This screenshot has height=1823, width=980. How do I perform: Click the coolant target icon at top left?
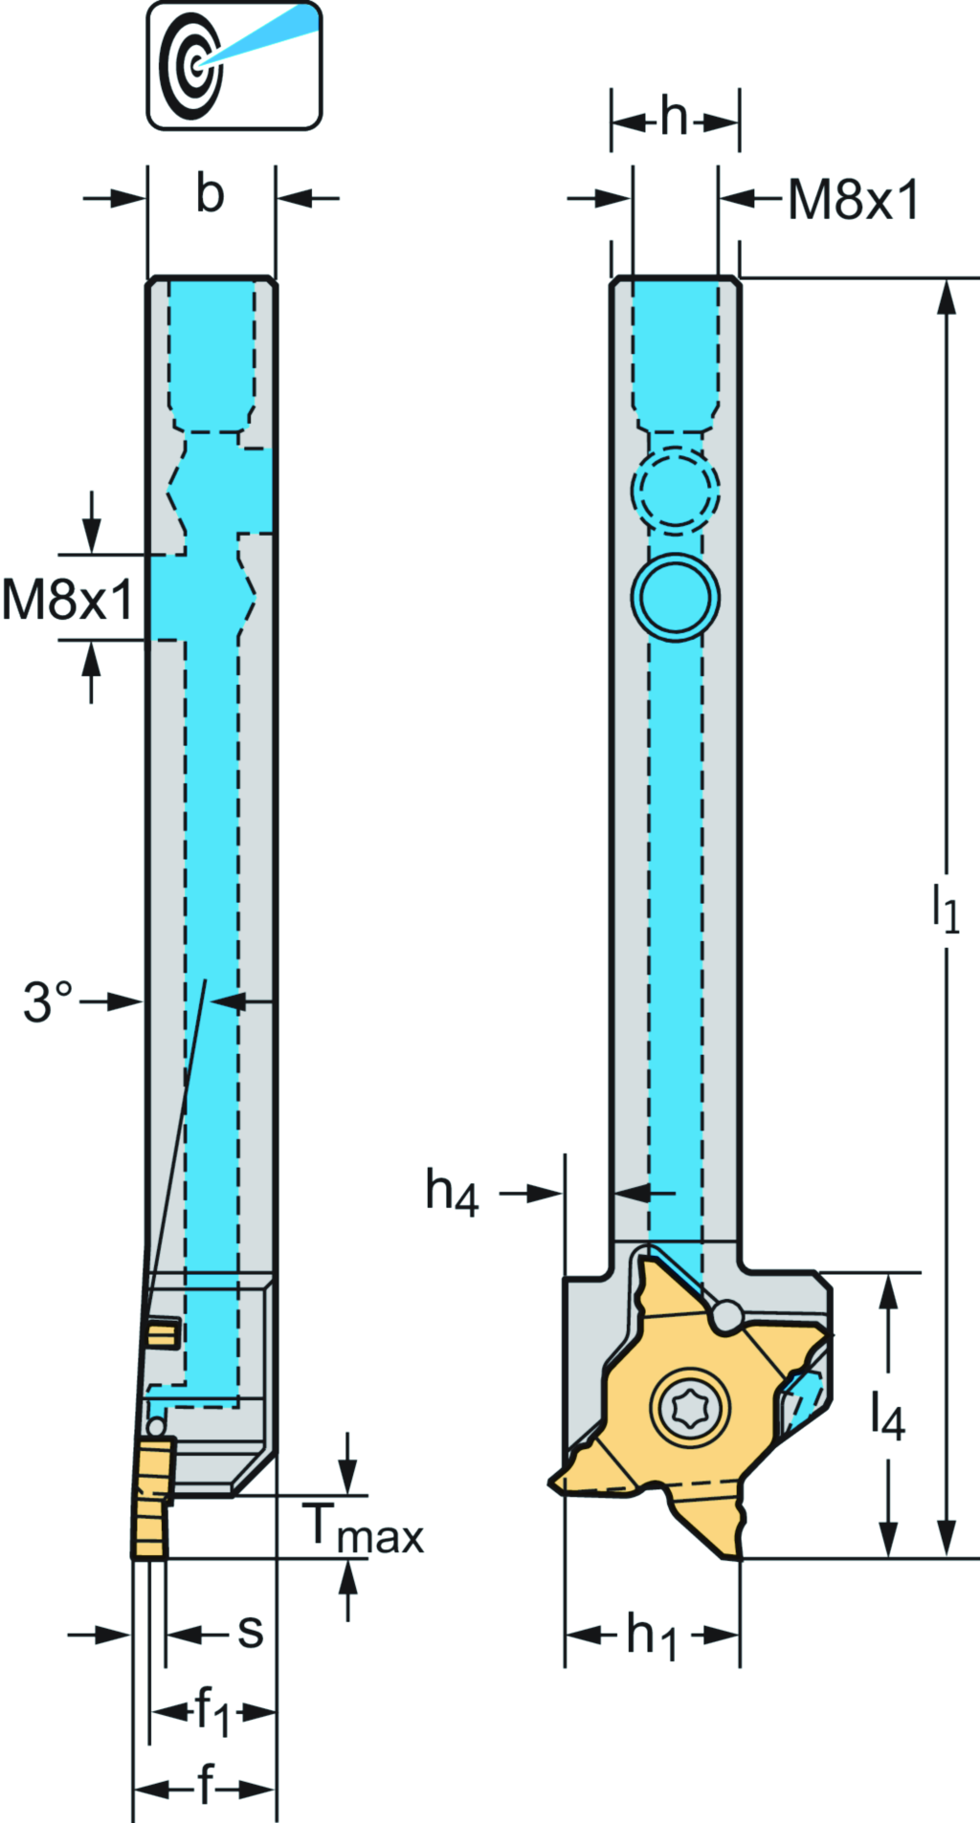pyautogui.click(x=233, y=65)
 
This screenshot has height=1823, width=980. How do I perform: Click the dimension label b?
pyautogui.click(x=210, y=194)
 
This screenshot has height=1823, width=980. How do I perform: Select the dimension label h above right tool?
pyautogui.click(x=674, y=118)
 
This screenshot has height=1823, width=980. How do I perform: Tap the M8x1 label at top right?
pyautogui.click(x=852, y=201)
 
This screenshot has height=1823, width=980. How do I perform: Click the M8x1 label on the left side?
pyautogui.click(x=67, y=601)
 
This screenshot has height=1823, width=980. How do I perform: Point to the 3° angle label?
pyautogui.click(x=48, y=1001)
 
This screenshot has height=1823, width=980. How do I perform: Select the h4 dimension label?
pyautogui.click(x=452, y=1194)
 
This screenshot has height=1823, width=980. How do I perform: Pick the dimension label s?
pyautogui.click(x=250, y=1632)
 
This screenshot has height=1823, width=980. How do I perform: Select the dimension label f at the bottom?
pyautogui.click(x=205, y=1785)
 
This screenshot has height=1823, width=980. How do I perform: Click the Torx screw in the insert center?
pyautogui.click(x=690, y=1408)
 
